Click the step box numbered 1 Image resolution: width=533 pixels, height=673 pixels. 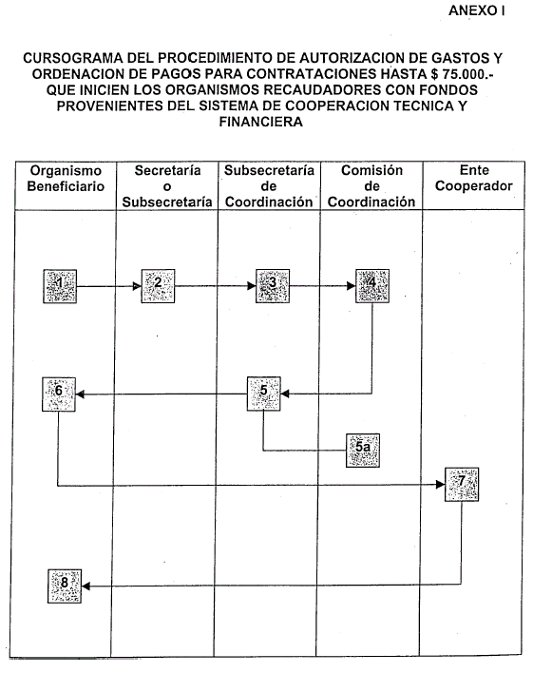tap(60, 286)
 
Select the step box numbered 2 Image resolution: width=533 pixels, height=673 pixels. tap(158, 286)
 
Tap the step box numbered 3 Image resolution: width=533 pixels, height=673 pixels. tap(273, 286)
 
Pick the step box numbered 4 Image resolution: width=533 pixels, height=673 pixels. tap(372, 286)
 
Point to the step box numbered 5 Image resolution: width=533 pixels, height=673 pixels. tap(264, 394)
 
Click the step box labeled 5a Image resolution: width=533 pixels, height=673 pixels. tap(363, 451)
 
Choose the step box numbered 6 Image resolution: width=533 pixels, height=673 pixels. tap(59, 394)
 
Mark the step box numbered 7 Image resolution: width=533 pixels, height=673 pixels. tap(462, 485)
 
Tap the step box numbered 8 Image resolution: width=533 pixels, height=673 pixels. tap(65, 586)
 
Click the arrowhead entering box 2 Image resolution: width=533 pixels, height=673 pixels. tap(138, 286)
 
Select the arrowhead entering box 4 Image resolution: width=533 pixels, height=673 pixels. tap(351, 286)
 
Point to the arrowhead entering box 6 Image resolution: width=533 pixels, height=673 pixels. tap(80, 394)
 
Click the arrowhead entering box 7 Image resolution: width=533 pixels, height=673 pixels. tap(440, 485)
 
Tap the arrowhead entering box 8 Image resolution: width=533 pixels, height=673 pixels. tap(86, 586)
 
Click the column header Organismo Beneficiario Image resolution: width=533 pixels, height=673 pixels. tap(66, 179)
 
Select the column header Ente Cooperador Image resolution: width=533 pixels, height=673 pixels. tap(474, 178)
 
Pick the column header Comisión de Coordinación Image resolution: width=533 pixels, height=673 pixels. tap(371, 186)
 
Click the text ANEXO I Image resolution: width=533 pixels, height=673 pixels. tap(476, 10)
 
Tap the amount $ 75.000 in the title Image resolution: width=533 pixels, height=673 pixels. tap(458, 74)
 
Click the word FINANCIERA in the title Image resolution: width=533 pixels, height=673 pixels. tap(261, 122)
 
